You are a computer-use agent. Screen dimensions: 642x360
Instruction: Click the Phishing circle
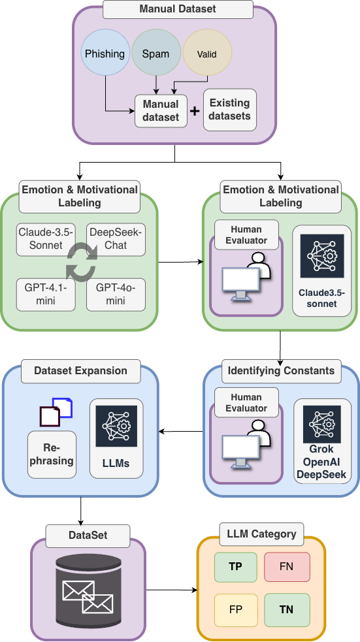(x=105, y=54)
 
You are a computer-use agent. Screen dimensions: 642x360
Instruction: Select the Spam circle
(x=155, y=54)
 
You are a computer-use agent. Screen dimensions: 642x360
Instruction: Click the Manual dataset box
(x=161, y=111)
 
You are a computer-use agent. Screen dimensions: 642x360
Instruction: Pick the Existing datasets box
(x=230, y=110)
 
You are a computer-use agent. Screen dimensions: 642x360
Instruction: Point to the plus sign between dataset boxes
(x=194, y=111)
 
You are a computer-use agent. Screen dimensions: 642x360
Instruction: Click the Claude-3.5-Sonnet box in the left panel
(x=45, y=239)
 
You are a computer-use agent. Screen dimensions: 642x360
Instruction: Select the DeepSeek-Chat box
(x=116, y=239)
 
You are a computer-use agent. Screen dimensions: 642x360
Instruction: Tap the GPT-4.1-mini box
(x=45, y=294)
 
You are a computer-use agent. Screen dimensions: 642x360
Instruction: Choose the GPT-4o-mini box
(x=116, y=294)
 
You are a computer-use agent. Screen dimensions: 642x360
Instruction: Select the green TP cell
(x=235, y=567)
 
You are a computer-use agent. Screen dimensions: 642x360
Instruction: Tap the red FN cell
(x=286, y=567)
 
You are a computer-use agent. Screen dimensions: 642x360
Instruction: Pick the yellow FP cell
(x=235, y=610)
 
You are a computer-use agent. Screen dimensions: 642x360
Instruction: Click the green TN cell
(x=286, y=610)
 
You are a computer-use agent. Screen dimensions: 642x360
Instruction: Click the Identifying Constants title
(x=281, y=371)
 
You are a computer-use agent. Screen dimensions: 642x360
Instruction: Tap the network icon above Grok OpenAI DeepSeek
(x=322, y=425)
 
